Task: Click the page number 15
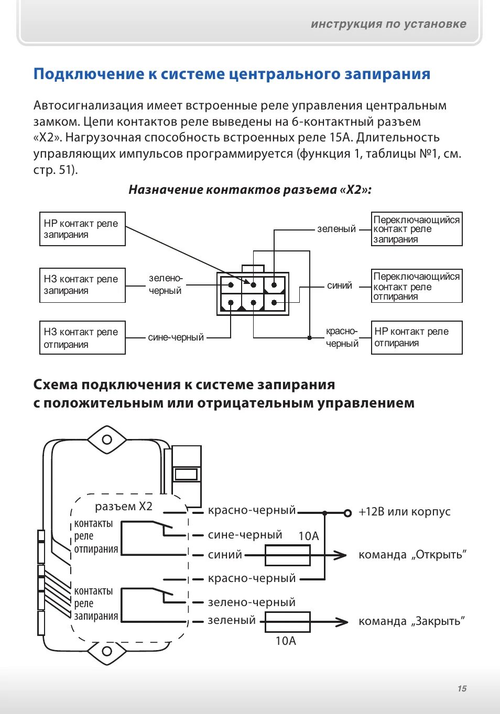point(462,688)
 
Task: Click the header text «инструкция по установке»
point(388,24)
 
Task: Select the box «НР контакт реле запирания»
point(82,229)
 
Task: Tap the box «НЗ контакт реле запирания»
point(82,285)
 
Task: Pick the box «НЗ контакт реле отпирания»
point(82,338)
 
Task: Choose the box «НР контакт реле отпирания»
point(417,338)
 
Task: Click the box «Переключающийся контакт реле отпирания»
point(417,286)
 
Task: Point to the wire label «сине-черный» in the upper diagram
point(176,337)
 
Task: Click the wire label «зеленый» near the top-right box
point(336,229)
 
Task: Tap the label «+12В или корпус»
point(405,512)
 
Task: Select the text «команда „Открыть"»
point(412,555)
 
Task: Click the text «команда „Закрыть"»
point(412,621)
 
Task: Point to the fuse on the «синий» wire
point(287,555)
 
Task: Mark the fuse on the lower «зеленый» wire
point(287,622)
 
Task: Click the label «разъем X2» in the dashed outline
point(124,507)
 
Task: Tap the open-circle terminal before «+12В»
point(347,513)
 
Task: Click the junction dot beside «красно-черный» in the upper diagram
point(310,338)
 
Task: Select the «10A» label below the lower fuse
point(286,641)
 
